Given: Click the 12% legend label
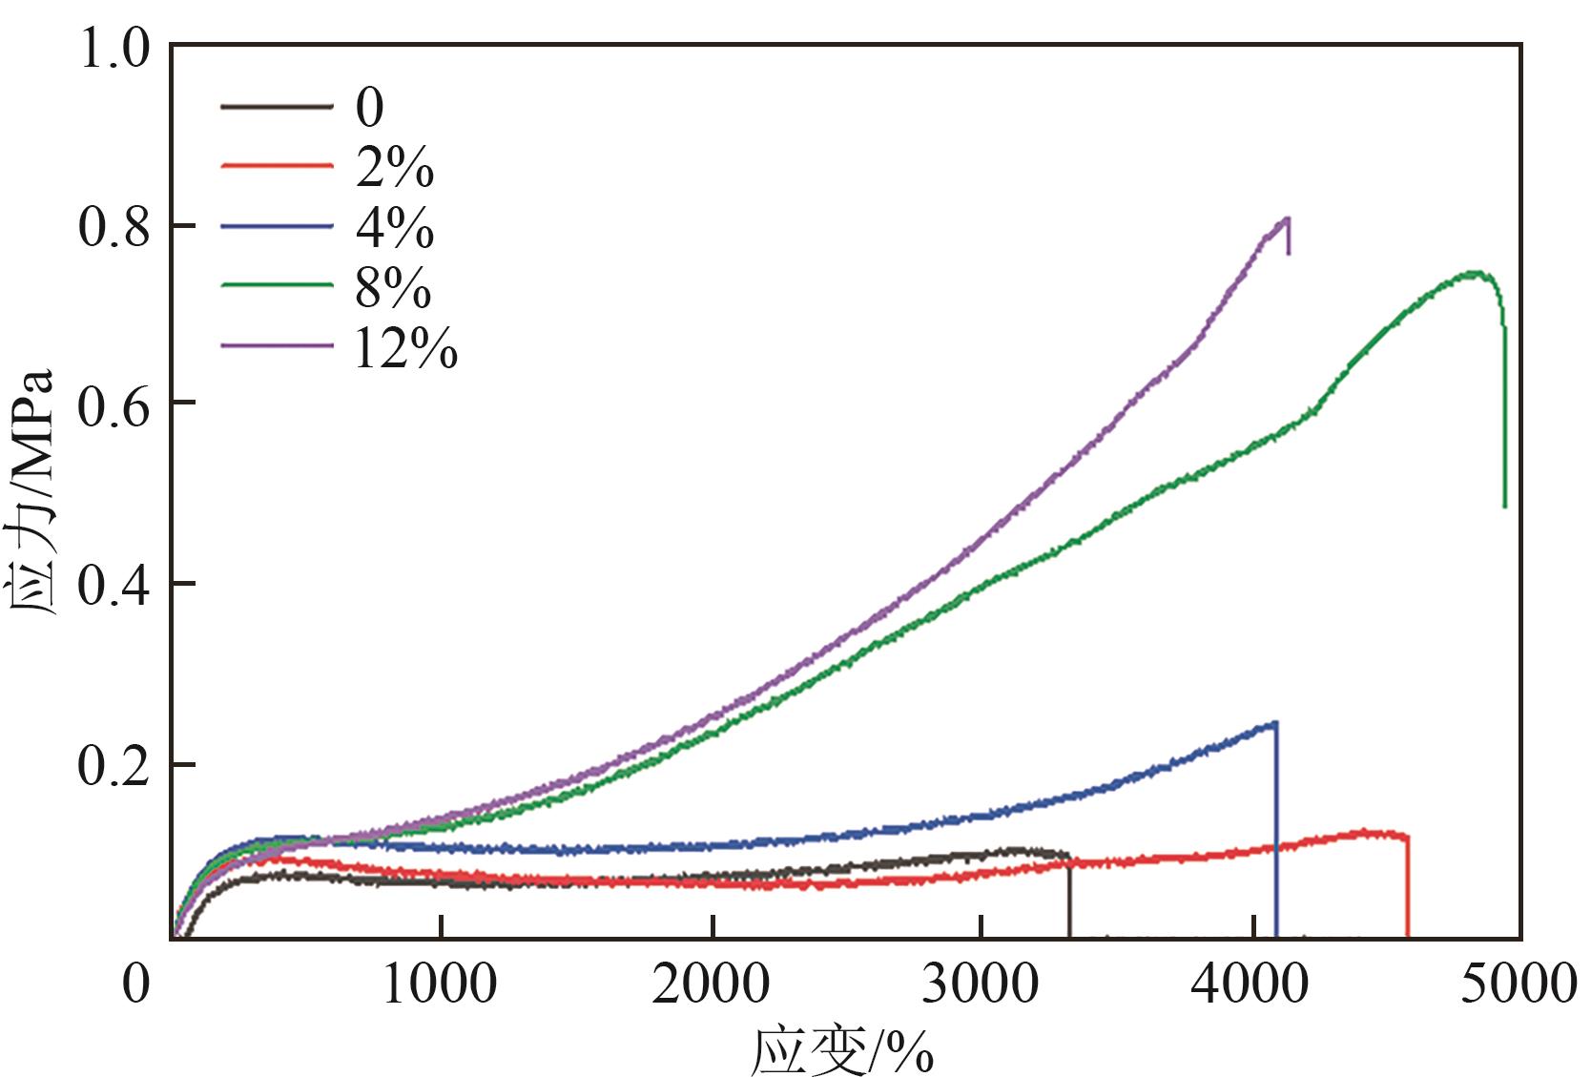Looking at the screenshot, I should [405, 349].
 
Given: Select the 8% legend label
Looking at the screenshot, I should [393, 288].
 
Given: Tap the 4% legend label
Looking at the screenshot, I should [395, 229].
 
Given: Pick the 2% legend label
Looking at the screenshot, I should [395, 169].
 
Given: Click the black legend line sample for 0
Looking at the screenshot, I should [277, 106].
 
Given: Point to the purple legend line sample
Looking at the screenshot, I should [277, 344].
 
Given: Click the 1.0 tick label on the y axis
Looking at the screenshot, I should [114, 48].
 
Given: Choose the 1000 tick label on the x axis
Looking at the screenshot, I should [440, 984].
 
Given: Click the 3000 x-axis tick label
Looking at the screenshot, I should [981, 984].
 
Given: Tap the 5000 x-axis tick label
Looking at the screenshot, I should [1519, 984].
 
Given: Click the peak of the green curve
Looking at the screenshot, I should [1475, 273].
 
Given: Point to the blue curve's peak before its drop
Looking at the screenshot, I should [1273, 724].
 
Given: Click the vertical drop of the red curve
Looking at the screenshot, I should [1408, 887].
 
